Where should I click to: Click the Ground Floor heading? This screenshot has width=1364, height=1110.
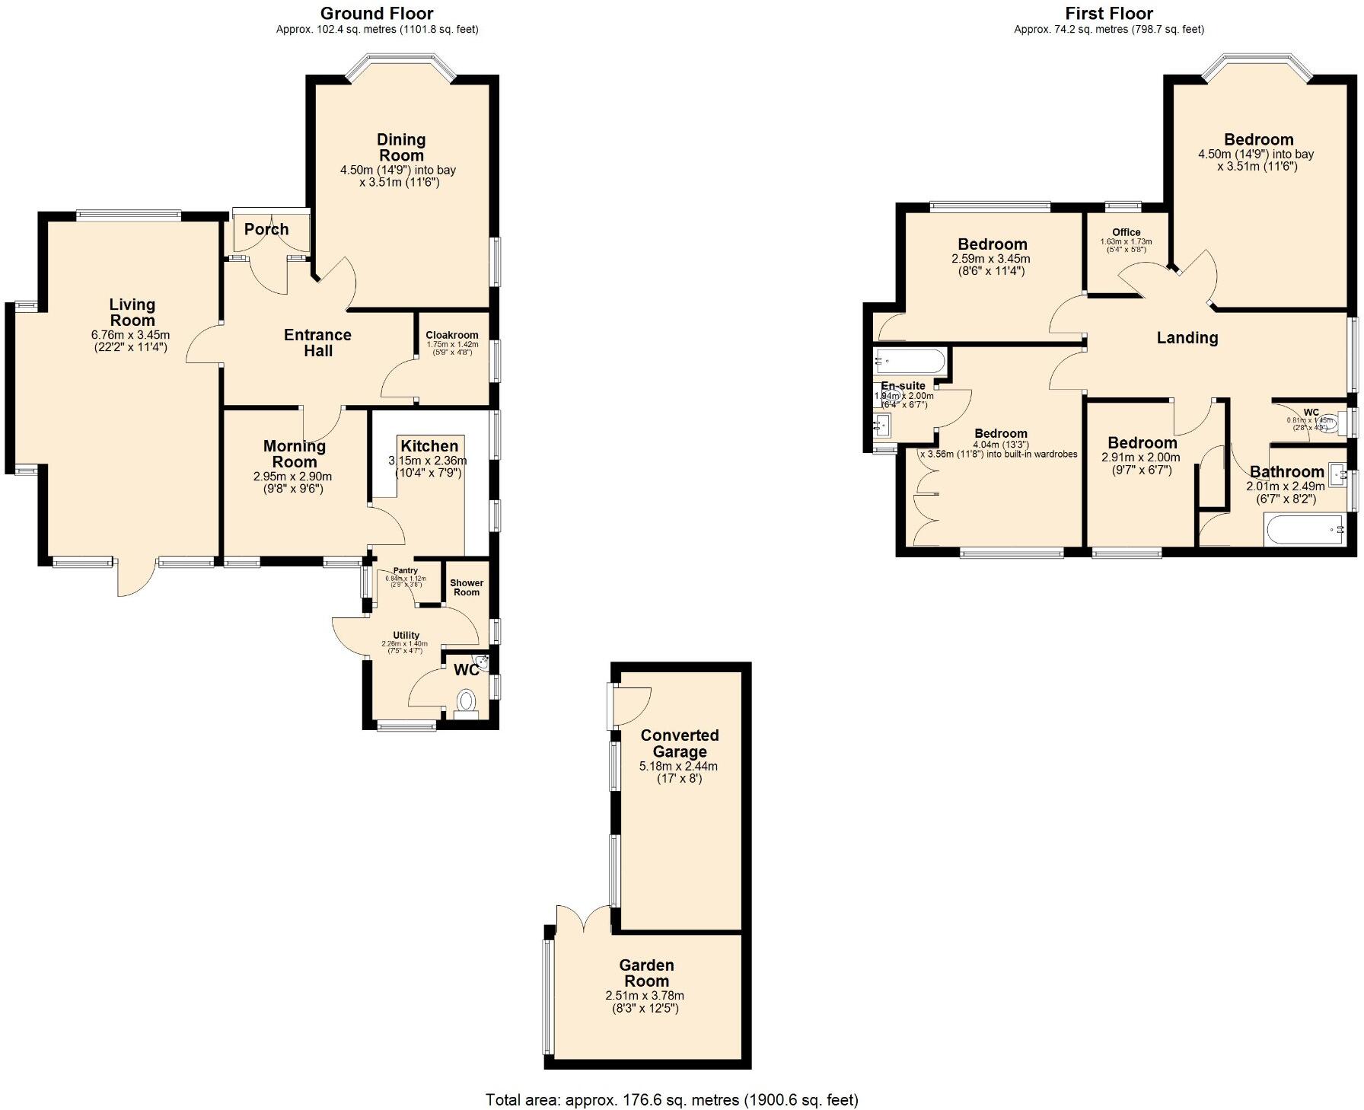coord(377,13)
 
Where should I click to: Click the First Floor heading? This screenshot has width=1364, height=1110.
coord(1109,13)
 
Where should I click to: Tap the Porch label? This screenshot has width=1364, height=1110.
coord(266,229)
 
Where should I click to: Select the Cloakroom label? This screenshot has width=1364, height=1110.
coord(452,335)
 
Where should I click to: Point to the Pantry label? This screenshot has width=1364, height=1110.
coord(406,570)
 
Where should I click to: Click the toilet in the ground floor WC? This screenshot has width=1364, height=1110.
coord(465,700)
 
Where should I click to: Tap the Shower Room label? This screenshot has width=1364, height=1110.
coord(467,588)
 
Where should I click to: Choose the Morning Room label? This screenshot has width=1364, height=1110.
coord(295,454)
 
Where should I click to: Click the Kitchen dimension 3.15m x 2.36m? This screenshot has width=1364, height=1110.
coord(428,461)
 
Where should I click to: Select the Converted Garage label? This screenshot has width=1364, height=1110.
coord(679,743)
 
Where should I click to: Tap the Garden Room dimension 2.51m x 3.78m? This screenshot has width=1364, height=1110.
coord(645,996)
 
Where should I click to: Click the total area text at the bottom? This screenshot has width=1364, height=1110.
coord(672,1099)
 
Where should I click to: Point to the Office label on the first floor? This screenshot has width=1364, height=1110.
coord(1127,232)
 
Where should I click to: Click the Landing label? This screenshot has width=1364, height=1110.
coord(1187,338)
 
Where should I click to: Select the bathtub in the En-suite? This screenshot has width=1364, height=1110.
coord(909,359)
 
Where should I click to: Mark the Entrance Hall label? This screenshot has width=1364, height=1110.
coord(317,343)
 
